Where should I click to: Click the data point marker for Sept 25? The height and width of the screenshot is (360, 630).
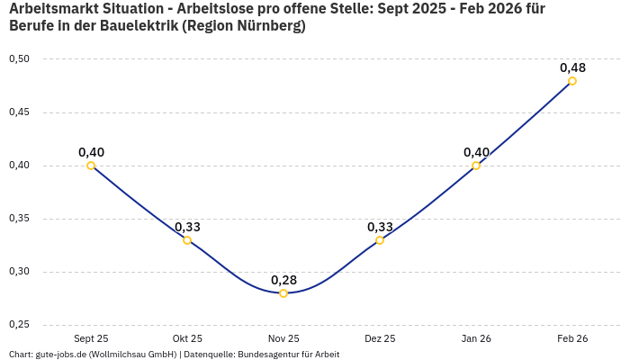(91, 166)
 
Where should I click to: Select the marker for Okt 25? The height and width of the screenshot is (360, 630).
(187, 240)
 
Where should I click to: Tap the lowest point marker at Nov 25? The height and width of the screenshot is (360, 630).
(283, 293)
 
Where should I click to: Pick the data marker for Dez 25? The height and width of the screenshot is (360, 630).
(380, 240)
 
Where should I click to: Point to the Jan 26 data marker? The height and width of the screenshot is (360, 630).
(476, 166)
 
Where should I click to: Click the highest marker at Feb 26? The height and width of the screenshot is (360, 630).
(572, 81)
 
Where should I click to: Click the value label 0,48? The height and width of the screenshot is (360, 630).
(572, 67)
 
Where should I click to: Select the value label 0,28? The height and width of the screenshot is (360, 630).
(283, 280)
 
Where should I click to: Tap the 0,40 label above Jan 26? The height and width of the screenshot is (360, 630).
(476, 152)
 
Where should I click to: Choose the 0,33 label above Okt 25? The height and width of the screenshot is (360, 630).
(187, 227)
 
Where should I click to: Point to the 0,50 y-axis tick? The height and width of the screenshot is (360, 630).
(19, 59)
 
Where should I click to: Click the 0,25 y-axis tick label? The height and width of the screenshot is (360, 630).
(19, 325)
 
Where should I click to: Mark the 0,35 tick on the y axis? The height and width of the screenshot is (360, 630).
(19, 219)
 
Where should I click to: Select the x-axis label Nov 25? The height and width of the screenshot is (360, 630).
(283, 338)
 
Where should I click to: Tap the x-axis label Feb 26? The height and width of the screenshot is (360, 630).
(572, 338)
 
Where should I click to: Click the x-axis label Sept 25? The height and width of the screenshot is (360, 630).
(91, 338)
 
